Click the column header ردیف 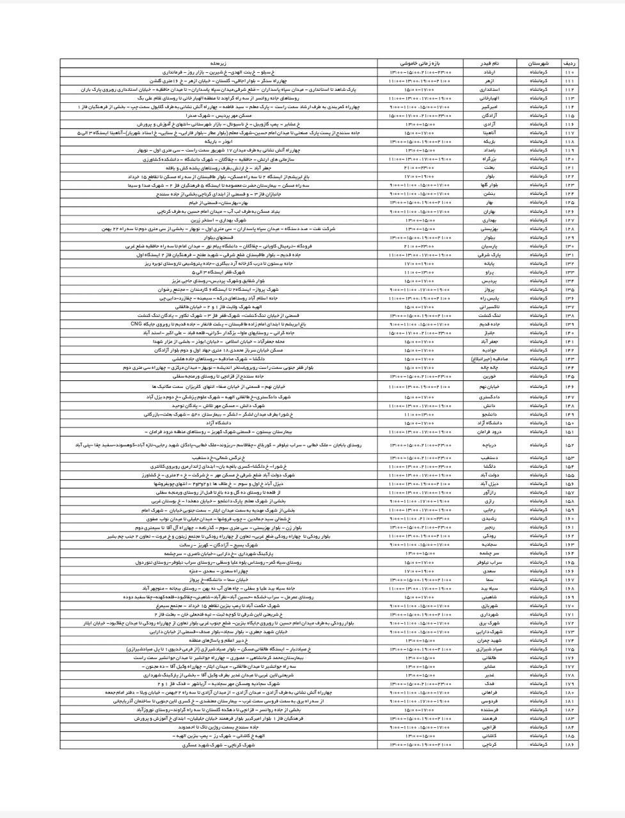[x=568, y=65]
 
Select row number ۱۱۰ [x=568, y=73]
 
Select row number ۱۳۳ [x=568, y=272]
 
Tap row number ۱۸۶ [x=568, y=745]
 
